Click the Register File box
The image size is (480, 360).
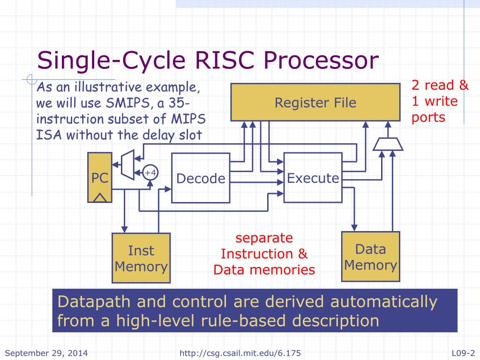(315, 102)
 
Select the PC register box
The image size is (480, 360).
(100, 177)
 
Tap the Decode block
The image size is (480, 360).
(201, 178)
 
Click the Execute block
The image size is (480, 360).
(313, 178)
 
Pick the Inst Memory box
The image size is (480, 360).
(141, 258)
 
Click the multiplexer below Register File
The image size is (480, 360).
(388, 145)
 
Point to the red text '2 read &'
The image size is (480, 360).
(440, 85)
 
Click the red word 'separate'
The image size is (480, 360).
(264, 238)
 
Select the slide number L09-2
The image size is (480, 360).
(463, 353)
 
